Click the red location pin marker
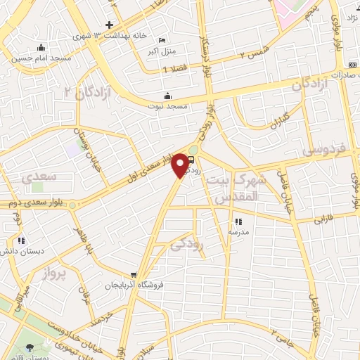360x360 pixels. [x=181, y=165]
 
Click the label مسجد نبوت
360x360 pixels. [x=167, y=105]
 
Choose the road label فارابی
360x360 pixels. [x=326, y=219]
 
